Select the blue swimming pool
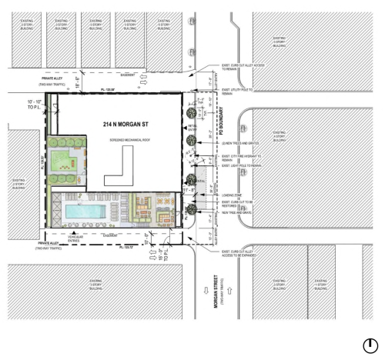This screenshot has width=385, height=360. (85, 210)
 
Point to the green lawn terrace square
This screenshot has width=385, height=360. (62, 162)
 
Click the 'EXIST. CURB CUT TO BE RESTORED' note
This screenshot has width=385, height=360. (234, 205)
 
